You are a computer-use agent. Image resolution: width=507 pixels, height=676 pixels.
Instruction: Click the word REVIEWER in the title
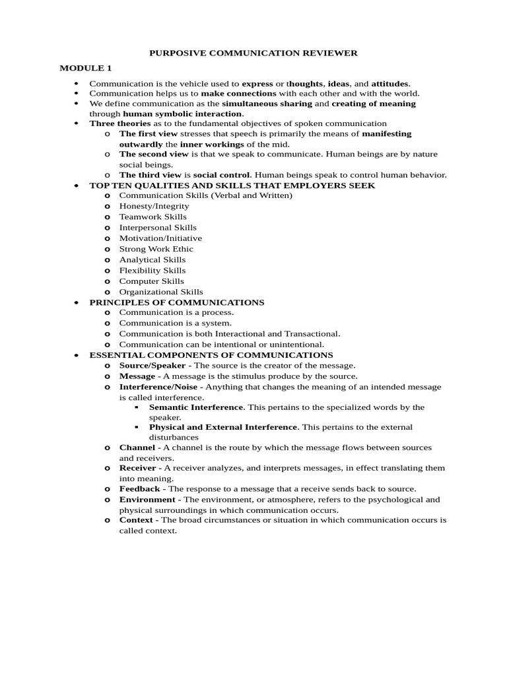click(x=327, y=53)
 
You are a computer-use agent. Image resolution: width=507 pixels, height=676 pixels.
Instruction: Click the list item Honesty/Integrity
click(x=154, y=206)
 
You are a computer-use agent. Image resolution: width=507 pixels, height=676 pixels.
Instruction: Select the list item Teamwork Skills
click(x=152, y=217)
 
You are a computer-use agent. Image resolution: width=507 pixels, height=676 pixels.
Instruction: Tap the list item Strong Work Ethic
click(x=156, y=249)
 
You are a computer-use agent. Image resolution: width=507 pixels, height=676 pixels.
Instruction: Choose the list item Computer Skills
click(x=151, y=281)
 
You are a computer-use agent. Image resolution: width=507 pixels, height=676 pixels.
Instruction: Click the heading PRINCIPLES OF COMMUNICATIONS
click(x=176, y=302)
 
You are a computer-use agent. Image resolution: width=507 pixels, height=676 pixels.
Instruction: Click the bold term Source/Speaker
click(x=152, y=365)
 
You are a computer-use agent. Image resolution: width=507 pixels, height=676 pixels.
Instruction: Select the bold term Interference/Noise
click(x=158, y=387)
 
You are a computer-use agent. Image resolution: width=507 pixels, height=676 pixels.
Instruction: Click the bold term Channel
click(x=137, y=448)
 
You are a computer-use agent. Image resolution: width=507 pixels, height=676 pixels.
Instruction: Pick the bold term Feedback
click(x=139, y=489)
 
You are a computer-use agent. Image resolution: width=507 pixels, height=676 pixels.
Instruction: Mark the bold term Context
click(x=135, y=520)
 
